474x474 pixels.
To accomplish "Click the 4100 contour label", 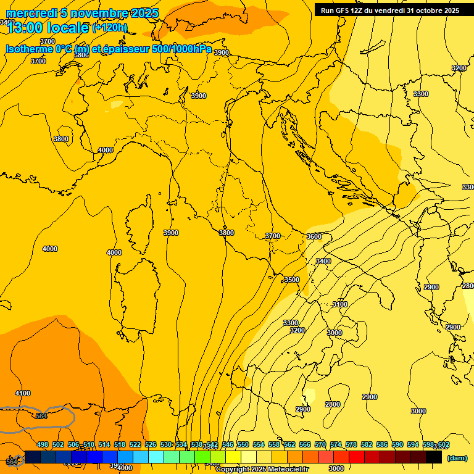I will (x=22, y=393).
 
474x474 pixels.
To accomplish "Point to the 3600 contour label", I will (x=314, y=236).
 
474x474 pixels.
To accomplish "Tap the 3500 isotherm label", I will (x=291, y=280).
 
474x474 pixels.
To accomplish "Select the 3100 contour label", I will (x=340, y=304).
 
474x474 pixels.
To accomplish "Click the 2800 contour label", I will (x=333, y=404).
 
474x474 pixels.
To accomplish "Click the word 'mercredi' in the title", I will (x=31, y=13).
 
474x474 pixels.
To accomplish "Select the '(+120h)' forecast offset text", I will (x=110, y=28).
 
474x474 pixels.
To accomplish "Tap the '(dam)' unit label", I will (x=457, y=457).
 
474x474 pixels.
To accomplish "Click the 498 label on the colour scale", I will (x=43, y=444).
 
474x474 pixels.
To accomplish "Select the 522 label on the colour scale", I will (x=135, y=444).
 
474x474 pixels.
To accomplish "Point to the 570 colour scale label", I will (x=320, y=444).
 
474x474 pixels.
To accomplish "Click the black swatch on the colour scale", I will (x=434, y=457).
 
